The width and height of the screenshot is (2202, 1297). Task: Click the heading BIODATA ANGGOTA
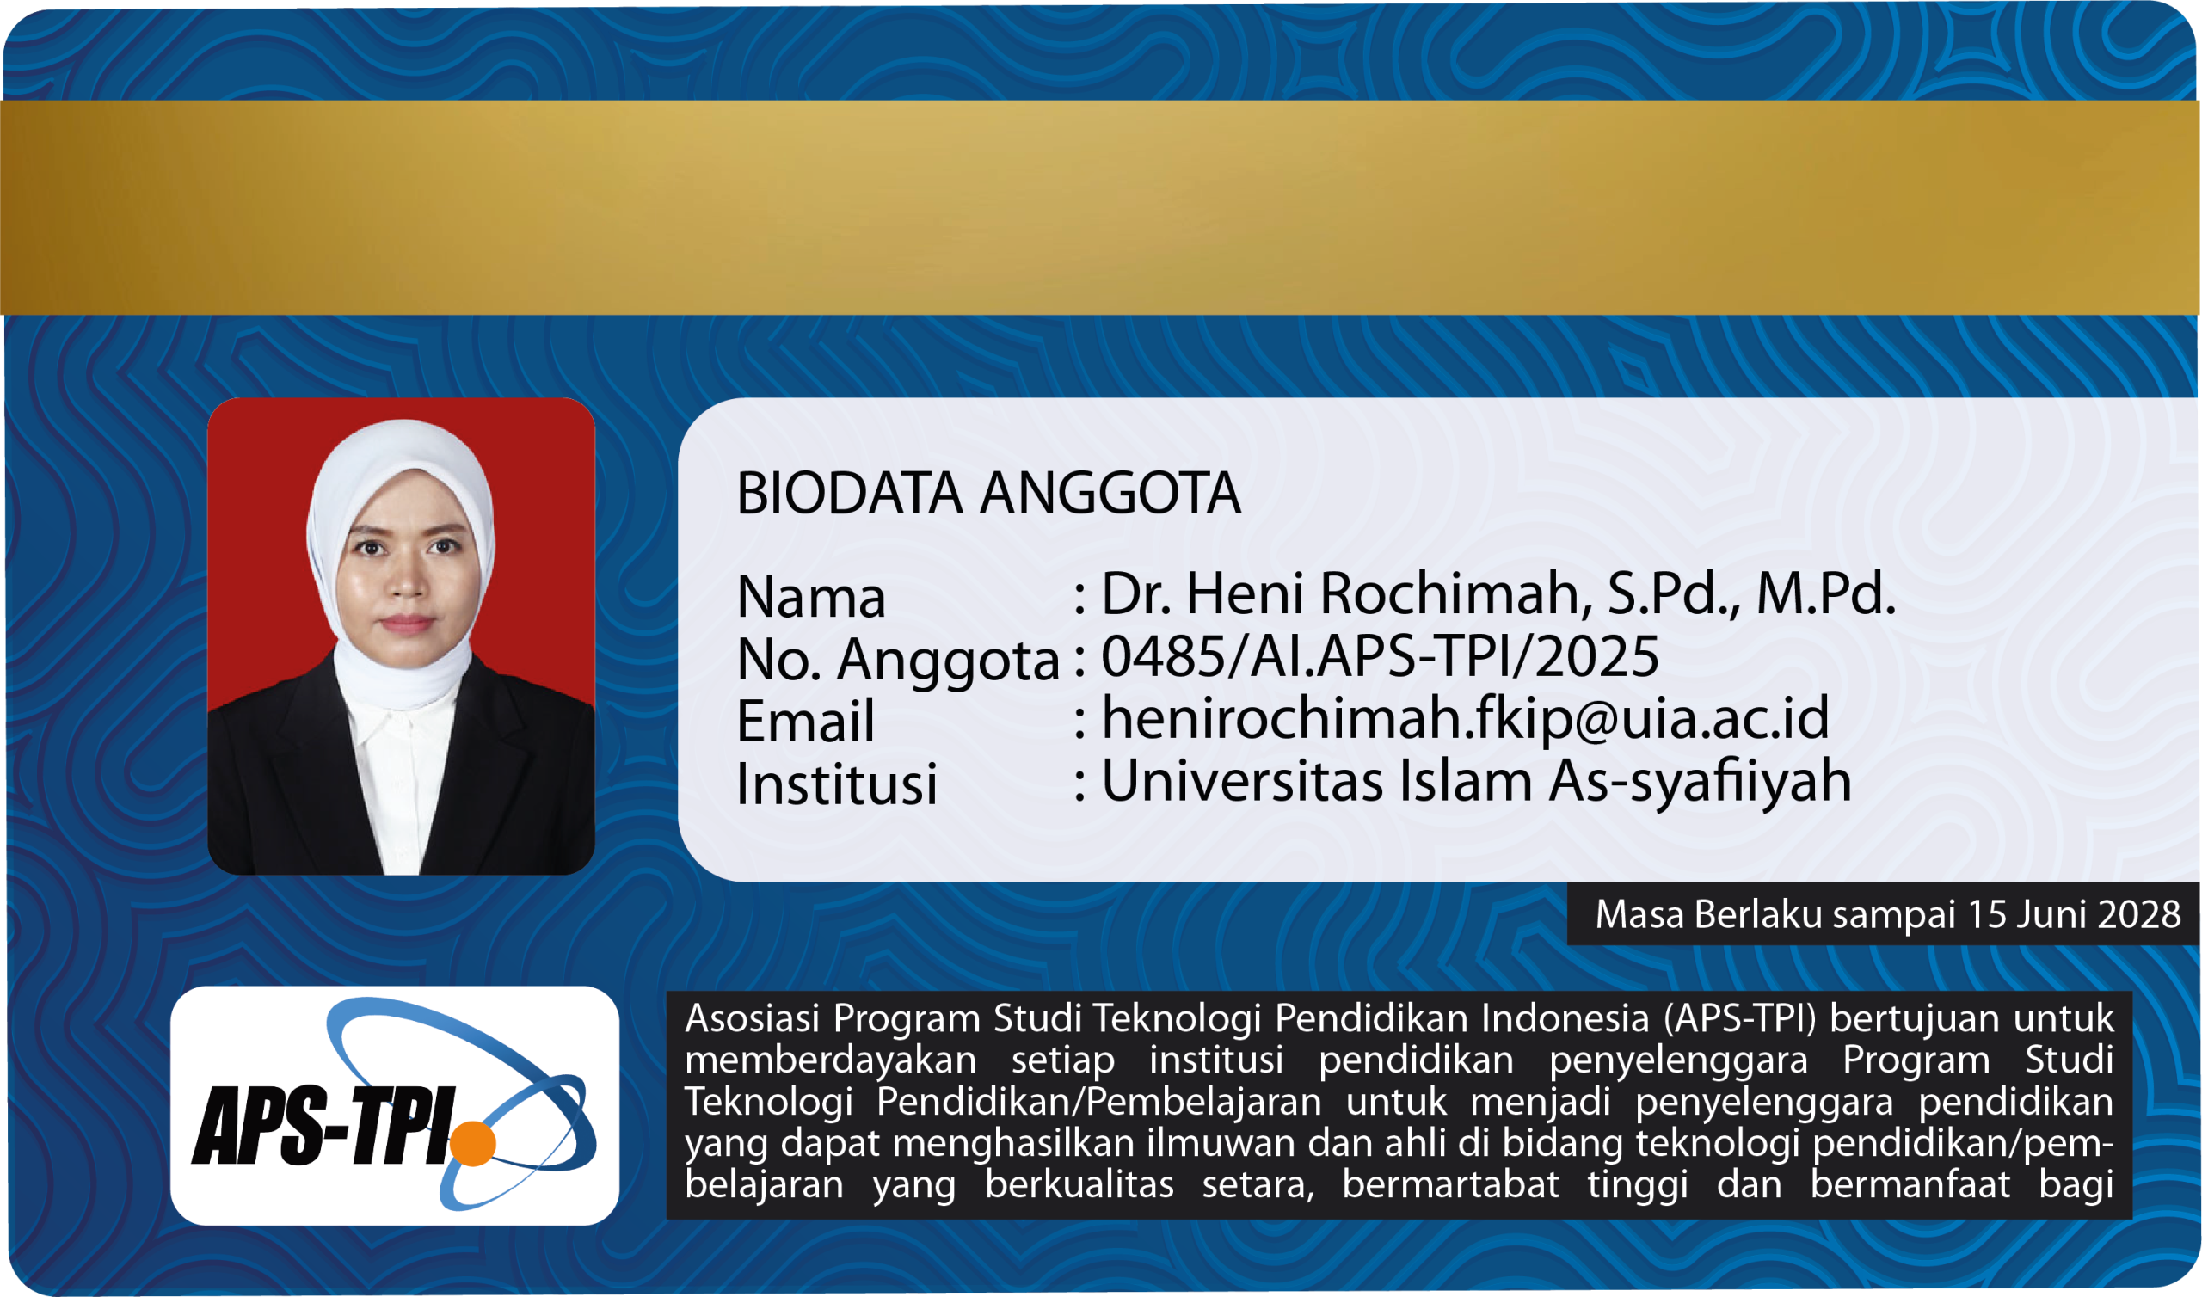point(988,494)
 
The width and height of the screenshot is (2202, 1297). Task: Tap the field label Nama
point(811,598)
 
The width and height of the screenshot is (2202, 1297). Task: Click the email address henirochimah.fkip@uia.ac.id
point(1465,718)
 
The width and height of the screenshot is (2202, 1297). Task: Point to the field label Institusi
point(836,783)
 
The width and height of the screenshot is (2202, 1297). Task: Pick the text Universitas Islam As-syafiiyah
point(1476,782)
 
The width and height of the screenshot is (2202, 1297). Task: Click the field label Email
point(805,722)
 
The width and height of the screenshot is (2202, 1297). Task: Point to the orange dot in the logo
point(473,1142)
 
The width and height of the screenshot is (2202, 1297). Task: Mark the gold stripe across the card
point(1101,207)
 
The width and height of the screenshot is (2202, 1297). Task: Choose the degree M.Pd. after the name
point(1825,594)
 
